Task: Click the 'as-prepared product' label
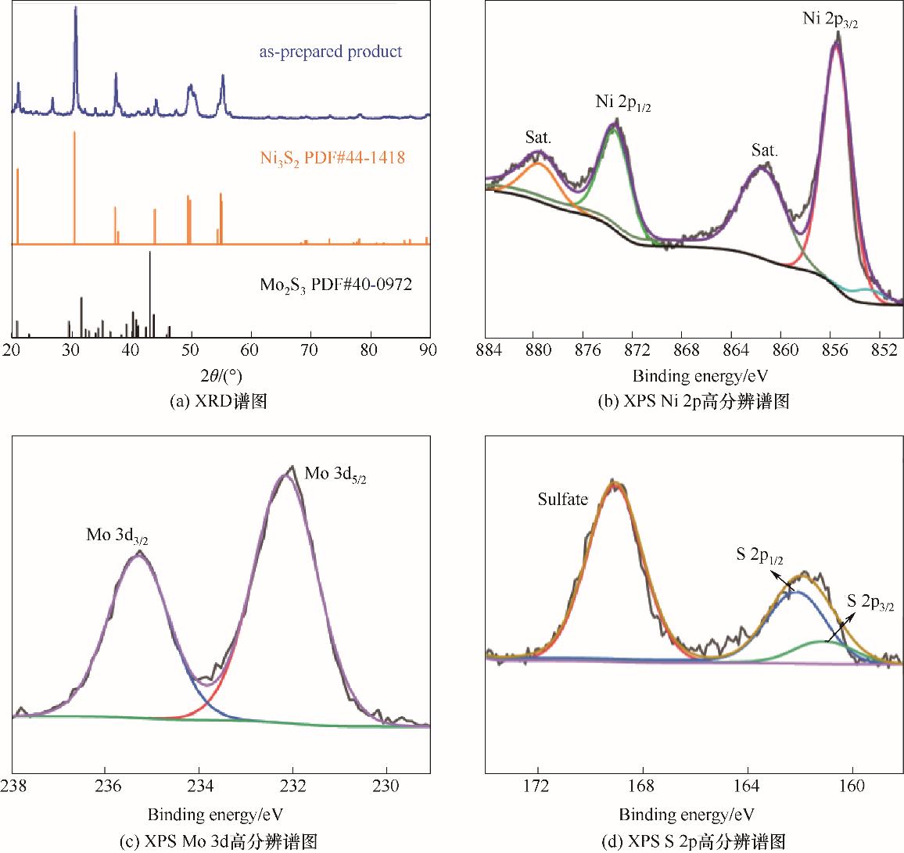point(331,52)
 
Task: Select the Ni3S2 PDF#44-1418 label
point(332,158)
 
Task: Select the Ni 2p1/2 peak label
point(623,103)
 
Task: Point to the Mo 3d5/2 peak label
point(335,475)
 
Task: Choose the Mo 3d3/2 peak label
point(117,536)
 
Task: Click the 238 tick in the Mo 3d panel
point(13,787)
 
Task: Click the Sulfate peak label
point(562,500)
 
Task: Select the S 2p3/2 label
point(870,603)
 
